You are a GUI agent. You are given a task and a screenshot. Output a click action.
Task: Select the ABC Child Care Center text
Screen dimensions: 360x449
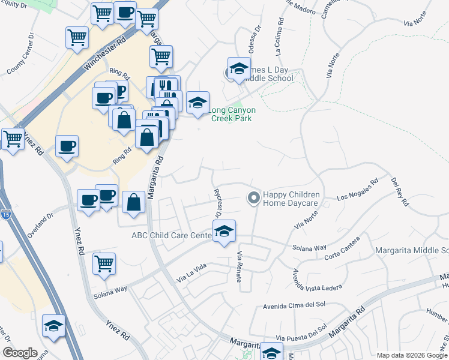tap(172, 235)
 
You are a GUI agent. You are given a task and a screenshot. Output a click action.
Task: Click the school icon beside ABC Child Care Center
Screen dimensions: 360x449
tap(224, 231)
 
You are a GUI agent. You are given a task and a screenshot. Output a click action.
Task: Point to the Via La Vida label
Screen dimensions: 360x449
tap(191, 277)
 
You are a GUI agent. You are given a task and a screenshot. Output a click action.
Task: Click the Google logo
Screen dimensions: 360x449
tap(20, 353)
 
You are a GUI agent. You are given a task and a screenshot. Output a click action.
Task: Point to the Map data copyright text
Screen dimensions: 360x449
tap(411, 355)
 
